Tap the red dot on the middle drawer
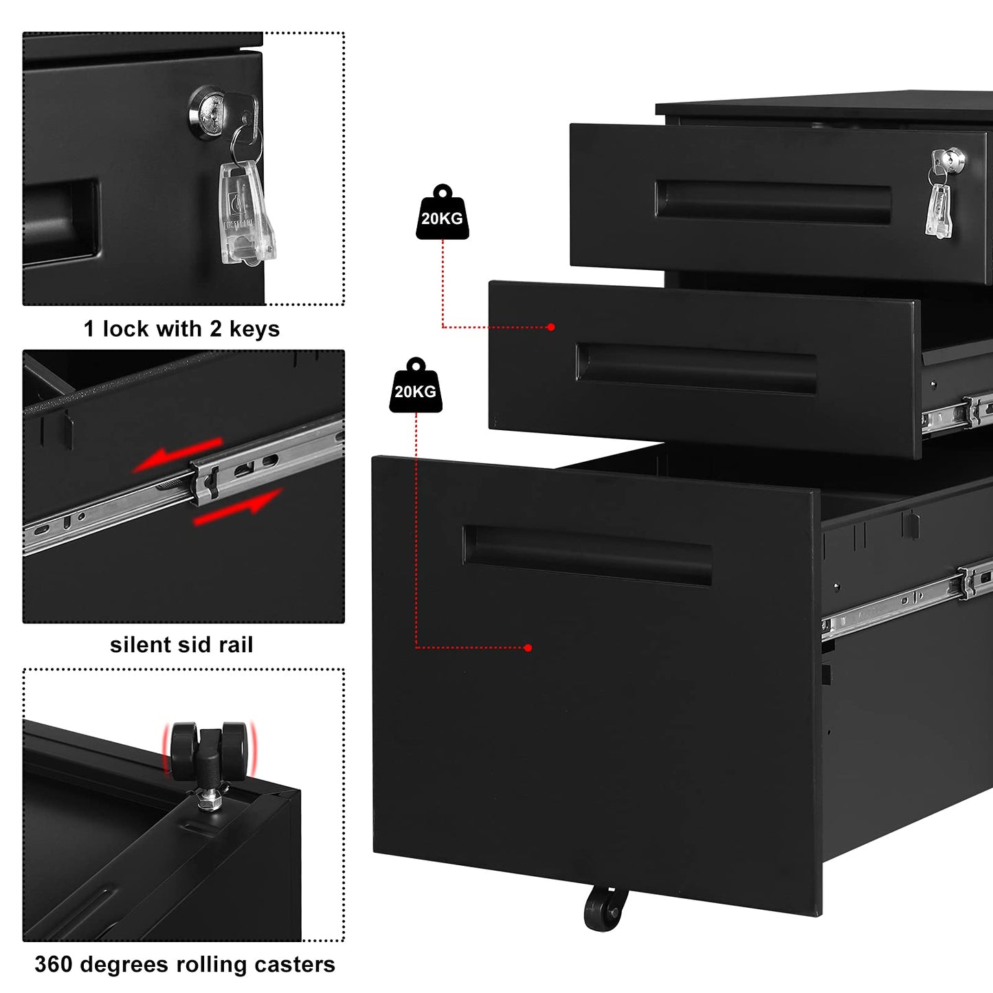(x=550, y=327)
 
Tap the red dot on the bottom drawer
(x=528, y=648)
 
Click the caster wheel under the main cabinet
(x=605, y=908)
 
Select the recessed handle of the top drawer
(x=773, y=202)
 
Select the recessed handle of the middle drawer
(x=696, y=368)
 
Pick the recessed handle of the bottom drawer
(x=588, y=555)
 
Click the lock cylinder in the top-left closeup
(x=210, y=108)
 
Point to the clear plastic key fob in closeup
(x=245, y=213)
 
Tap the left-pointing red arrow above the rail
(x=177, y=455)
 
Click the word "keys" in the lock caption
(x=254, y=329)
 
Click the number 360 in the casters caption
(x=53, y=964)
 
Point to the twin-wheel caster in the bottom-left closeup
(x=209, y=749)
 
